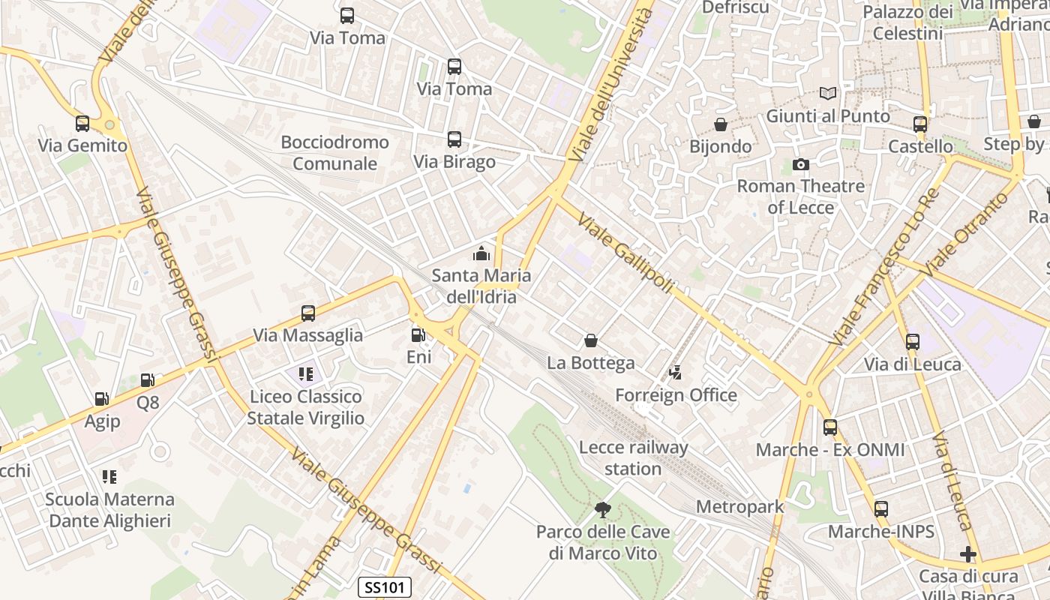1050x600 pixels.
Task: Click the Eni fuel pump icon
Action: point(418,335)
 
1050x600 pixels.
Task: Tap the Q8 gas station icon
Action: point(148,381)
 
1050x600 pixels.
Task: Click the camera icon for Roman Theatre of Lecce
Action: point(800,164)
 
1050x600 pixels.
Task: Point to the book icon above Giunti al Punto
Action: point(827,94)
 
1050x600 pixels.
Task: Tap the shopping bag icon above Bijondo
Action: point(720,124)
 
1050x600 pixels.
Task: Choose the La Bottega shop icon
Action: point(591,341)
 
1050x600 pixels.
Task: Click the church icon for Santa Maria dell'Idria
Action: point(481,253)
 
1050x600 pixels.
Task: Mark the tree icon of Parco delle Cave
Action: point(602,510)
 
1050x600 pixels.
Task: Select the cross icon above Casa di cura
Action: point(968,554)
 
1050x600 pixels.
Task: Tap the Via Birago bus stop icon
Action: point(454,139)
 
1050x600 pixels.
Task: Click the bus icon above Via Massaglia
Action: point(307,313)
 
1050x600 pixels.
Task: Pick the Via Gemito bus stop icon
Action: point(82,124)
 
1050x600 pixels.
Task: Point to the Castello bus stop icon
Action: point(920,124)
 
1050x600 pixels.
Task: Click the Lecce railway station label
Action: point(633,458)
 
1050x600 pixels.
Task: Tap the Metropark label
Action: point(739,506)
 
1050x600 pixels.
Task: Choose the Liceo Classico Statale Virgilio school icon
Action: point(305,373)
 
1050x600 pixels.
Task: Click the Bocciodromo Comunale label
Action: point(335,152)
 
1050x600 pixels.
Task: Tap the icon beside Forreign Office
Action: point(676,373)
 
